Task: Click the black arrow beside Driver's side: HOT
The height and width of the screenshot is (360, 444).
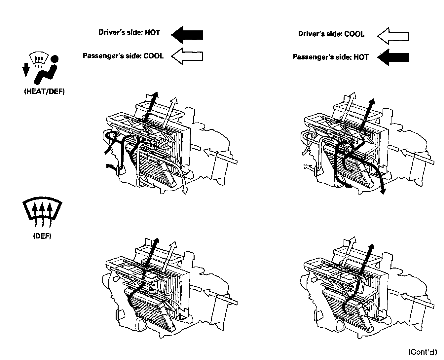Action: (187, 34)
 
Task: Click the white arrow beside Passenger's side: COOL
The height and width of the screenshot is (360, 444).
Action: (187, 56)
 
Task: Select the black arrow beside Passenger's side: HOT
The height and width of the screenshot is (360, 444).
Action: (393, 57)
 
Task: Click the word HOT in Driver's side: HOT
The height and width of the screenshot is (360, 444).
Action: (152, 32)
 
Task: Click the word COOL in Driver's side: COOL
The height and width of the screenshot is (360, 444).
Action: (354, 34)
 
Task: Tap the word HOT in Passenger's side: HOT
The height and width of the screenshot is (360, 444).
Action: (361, 57)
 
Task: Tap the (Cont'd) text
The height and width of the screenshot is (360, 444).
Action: (423, 352)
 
